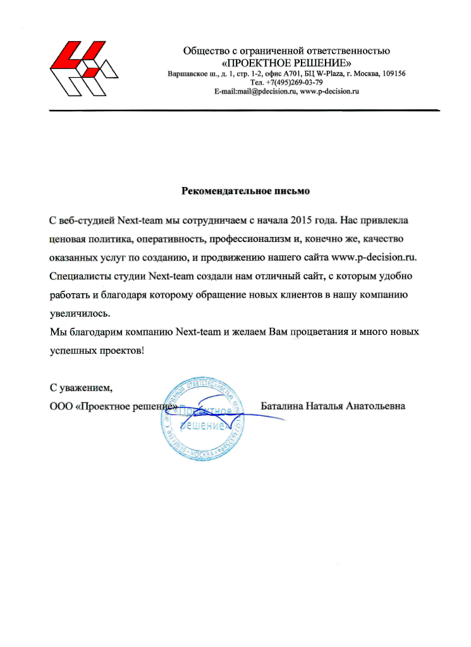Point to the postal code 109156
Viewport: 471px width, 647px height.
click(x=393, y=74)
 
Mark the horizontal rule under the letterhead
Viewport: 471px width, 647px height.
click(x=244, y=111)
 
